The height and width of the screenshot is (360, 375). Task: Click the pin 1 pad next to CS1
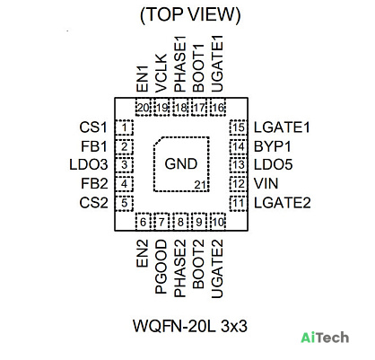(x=124, y=127)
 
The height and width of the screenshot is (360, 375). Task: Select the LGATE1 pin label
(x=282, y=127)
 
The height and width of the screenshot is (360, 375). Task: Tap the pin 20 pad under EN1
(x=144, y=107)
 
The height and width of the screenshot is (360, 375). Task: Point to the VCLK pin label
(x=161, y=74)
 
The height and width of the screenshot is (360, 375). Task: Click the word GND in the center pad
(x=181, y=163)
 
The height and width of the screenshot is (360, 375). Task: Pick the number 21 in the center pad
(x=200, y=185)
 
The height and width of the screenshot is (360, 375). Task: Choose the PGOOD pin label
(x=161, y=267)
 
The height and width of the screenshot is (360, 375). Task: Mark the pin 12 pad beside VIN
(x=239, y=184)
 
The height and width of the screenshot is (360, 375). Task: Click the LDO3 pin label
(x=89, y=164)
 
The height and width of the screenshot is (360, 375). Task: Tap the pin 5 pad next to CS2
(x=124, y=203)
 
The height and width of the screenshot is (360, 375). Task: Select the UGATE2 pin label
(x=217, y=268)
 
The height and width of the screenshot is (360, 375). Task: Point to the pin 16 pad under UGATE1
(x=218, y=107)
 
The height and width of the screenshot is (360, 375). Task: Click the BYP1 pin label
(x=273, y=146)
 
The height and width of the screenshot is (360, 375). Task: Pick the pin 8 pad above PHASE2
(x=180, y=222)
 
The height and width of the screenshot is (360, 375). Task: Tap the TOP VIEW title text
(x=190, y=14)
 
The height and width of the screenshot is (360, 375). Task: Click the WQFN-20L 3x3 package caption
(x=190, y=326)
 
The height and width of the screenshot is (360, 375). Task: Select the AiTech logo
(x=325, y=338)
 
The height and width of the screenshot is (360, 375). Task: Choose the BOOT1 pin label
(x=198, y=68)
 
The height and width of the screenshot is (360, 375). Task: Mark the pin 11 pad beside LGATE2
(x=239, y=203)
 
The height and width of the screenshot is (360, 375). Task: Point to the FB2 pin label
(x=94, y=183)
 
